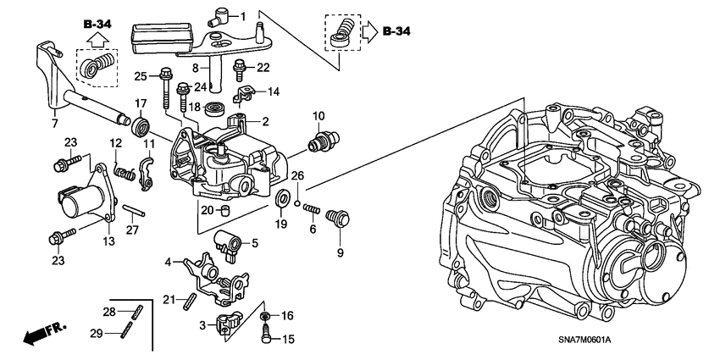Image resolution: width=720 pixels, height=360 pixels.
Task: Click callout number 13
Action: (x=109, y=241)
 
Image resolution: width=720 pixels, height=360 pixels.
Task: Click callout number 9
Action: (x=341, y=252)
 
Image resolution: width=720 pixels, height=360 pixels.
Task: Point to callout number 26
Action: (x=296, y=176)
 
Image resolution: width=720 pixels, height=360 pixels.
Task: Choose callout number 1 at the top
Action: (x=242, y=16)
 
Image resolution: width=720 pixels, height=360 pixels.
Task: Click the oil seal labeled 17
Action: (x=141, y=126)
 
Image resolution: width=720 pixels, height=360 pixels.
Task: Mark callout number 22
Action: (x=263, y=67)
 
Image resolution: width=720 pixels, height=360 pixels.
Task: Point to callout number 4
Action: (x=168, y=262)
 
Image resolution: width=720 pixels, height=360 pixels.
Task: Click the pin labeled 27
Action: (x=131, y=211)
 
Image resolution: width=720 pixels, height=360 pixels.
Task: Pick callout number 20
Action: (x=206, y=209)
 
